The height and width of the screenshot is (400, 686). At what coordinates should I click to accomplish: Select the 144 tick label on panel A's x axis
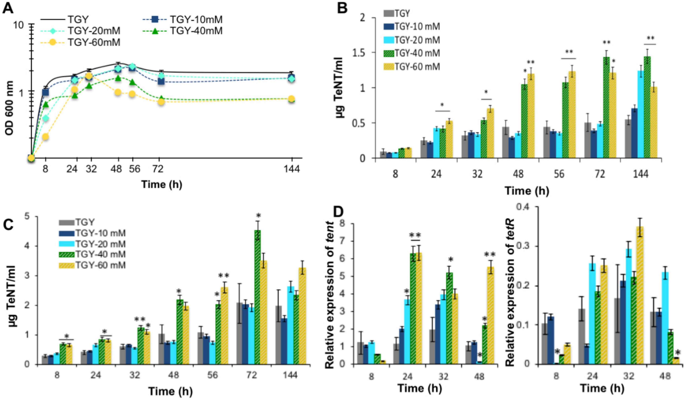[292, 169]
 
